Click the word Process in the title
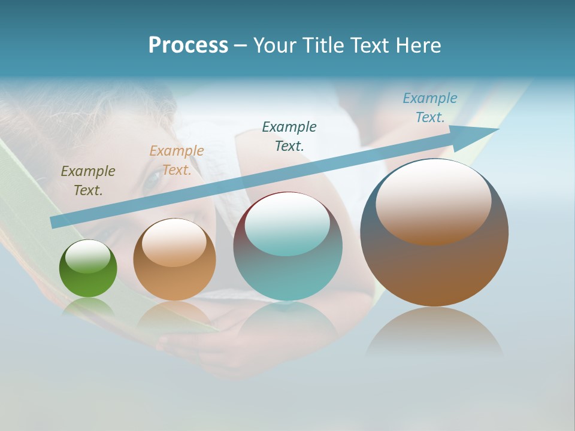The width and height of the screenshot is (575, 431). [188, 45]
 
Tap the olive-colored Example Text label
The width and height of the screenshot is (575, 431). [88, 181]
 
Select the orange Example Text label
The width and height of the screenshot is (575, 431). [177, 160]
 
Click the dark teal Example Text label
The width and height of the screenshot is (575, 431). [289, 136]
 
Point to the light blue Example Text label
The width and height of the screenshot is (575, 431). [430, 108]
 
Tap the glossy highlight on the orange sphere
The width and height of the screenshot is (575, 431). [174, 242]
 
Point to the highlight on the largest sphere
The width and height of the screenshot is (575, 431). [434, 202]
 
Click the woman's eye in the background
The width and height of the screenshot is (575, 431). [154, 175]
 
